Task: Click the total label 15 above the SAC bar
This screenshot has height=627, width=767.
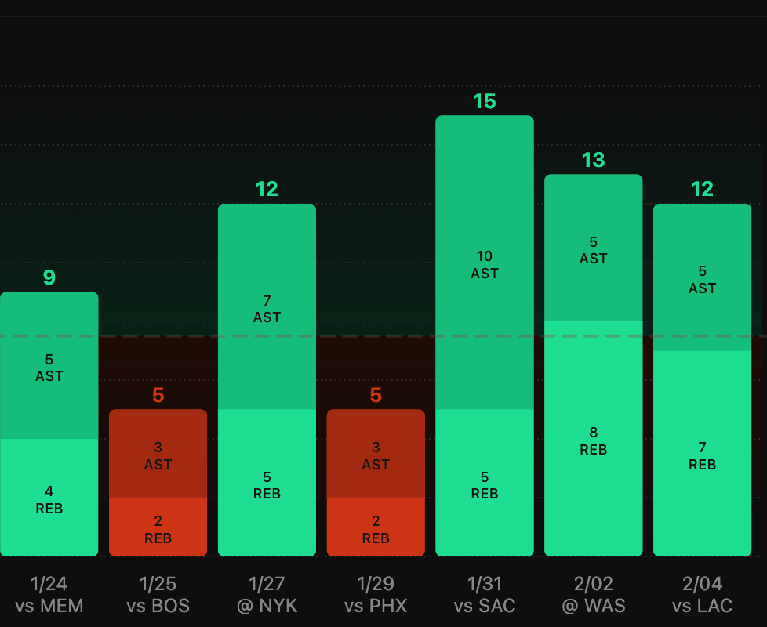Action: tap(485, 101)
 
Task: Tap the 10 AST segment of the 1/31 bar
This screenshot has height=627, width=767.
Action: tap(485, 263)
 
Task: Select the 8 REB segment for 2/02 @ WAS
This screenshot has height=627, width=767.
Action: tap(594, 440)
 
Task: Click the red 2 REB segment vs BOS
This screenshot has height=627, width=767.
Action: tap(158, 528)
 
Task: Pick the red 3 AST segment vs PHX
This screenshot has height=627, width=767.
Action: tap(376, 455)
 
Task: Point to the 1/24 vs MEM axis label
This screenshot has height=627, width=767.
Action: tap(49, 594)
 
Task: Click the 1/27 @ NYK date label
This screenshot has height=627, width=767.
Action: tap(267, 594)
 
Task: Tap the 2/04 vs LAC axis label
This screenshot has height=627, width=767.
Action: tap(702, 594)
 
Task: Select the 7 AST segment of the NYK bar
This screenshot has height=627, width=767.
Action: tap(267, 308)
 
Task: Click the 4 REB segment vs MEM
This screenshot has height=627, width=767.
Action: tap(49, 498)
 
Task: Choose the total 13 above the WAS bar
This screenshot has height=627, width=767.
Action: tap(594, 160)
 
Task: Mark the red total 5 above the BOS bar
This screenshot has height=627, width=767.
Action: tap(158, 395)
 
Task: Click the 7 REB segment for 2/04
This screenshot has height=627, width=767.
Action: tap(702, 455)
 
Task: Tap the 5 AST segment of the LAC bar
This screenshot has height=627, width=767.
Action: tap(702, 279)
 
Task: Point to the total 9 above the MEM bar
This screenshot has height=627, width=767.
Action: tap(49, 277)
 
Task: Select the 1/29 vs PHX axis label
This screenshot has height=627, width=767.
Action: tap(376, 594)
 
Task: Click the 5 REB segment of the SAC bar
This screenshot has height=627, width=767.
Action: tap(485, 484)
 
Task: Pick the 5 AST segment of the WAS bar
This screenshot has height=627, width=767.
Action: tap(594, 249)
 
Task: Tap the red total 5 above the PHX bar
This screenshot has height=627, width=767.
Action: tap(376, 395)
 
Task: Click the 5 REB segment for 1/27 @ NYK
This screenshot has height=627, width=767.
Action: tap(267, 484)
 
